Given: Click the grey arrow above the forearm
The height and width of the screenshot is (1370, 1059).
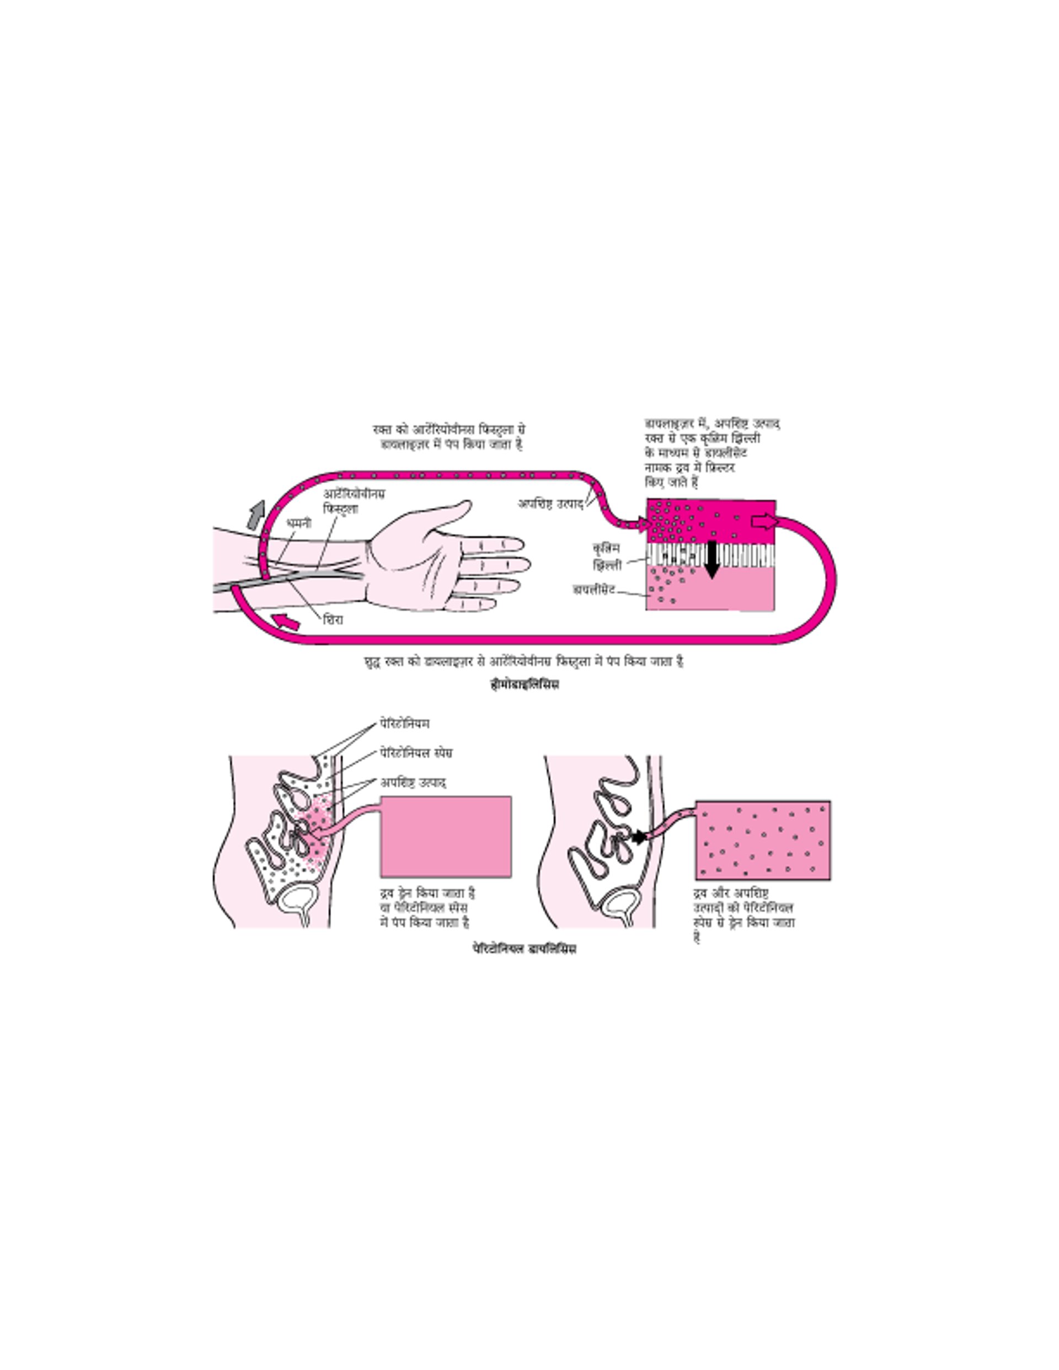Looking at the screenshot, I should tap(255, 515).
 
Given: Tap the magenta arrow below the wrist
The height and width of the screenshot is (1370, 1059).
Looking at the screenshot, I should tap(287, 621).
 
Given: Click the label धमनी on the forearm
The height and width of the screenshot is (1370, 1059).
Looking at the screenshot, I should tap(298, 522).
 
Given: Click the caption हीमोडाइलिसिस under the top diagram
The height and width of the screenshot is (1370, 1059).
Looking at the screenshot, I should tap(525, 684).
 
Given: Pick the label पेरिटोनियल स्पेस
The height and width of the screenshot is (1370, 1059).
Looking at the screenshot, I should tap(416, 753).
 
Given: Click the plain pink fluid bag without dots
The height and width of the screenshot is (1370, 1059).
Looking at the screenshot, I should tap(446, 836).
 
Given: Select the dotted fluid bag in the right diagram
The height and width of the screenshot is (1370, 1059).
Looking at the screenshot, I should tap(763, 840).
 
